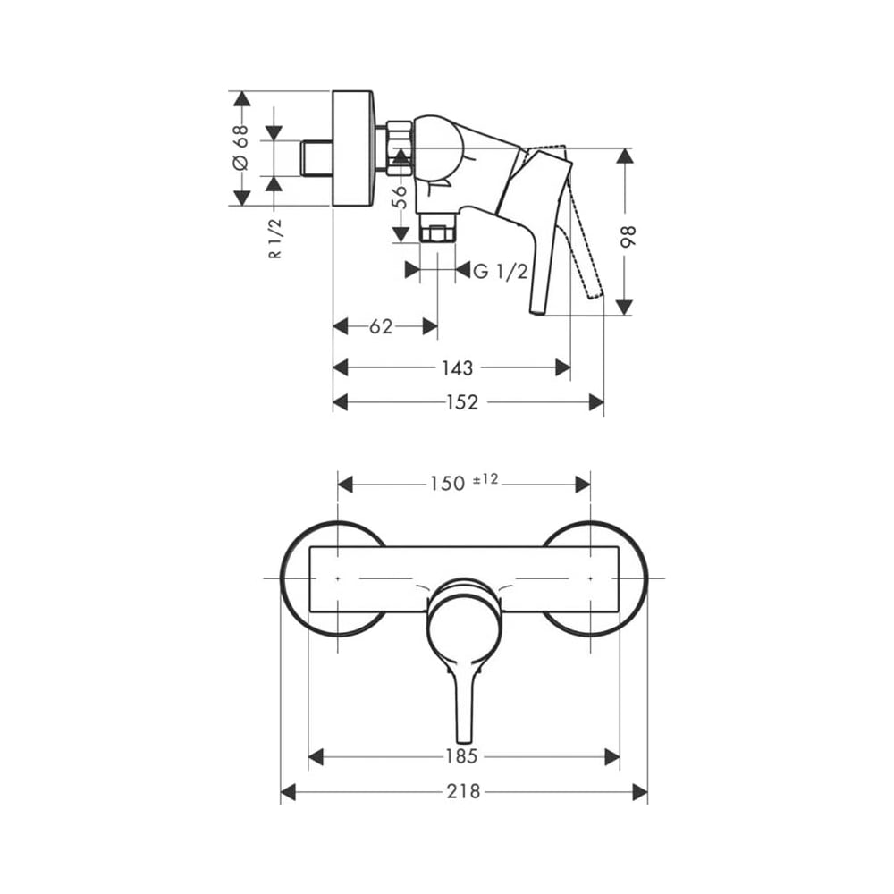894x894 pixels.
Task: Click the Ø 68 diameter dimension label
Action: tap(241, 148)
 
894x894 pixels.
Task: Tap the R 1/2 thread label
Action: tap(275, 239)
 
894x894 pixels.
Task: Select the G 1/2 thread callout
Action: tap(501, 272)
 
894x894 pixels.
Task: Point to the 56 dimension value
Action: tap(401, 198)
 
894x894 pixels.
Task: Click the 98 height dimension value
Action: tap(628, 236)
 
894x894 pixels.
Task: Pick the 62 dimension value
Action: tap(381, 326)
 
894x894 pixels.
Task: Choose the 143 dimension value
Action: tap(457, 367)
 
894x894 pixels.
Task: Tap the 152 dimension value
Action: tap(462, 402)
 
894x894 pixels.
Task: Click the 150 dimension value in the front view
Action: tap(448, 484)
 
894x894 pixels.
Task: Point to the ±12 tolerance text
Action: tap(485, 479)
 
